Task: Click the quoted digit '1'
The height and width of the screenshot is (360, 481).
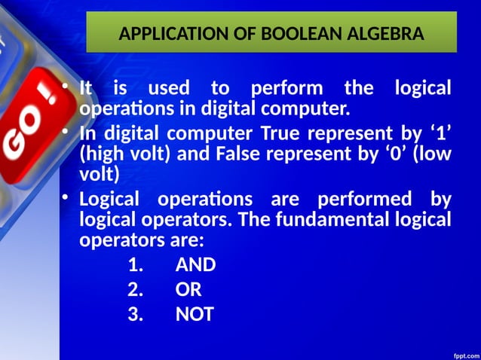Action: (439, 136)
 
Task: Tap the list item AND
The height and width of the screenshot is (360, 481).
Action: (195, 265)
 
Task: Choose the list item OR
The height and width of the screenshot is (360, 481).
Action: (188, 290)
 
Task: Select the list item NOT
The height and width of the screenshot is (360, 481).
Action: (195, 314)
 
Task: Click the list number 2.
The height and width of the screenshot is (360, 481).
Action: (135, 290)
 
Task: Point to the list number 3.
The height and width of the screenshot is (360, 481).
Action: (135, 314)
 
